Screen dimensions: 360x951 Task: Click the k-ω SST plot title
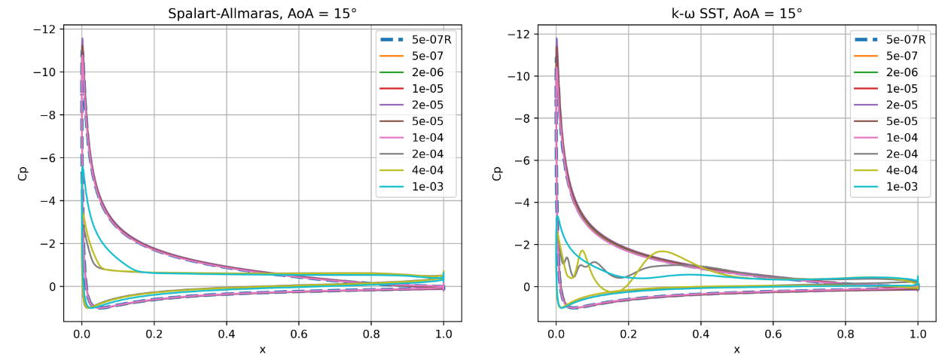736,12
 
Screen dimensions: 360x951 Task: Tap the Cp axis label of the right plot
497,174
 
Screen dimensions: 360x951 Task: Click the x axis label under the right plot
736,349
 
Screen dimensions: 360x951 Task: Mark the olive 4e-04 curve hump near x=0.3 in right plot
663,252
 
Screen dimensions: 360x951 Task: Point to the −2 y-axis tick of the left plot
51,244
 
